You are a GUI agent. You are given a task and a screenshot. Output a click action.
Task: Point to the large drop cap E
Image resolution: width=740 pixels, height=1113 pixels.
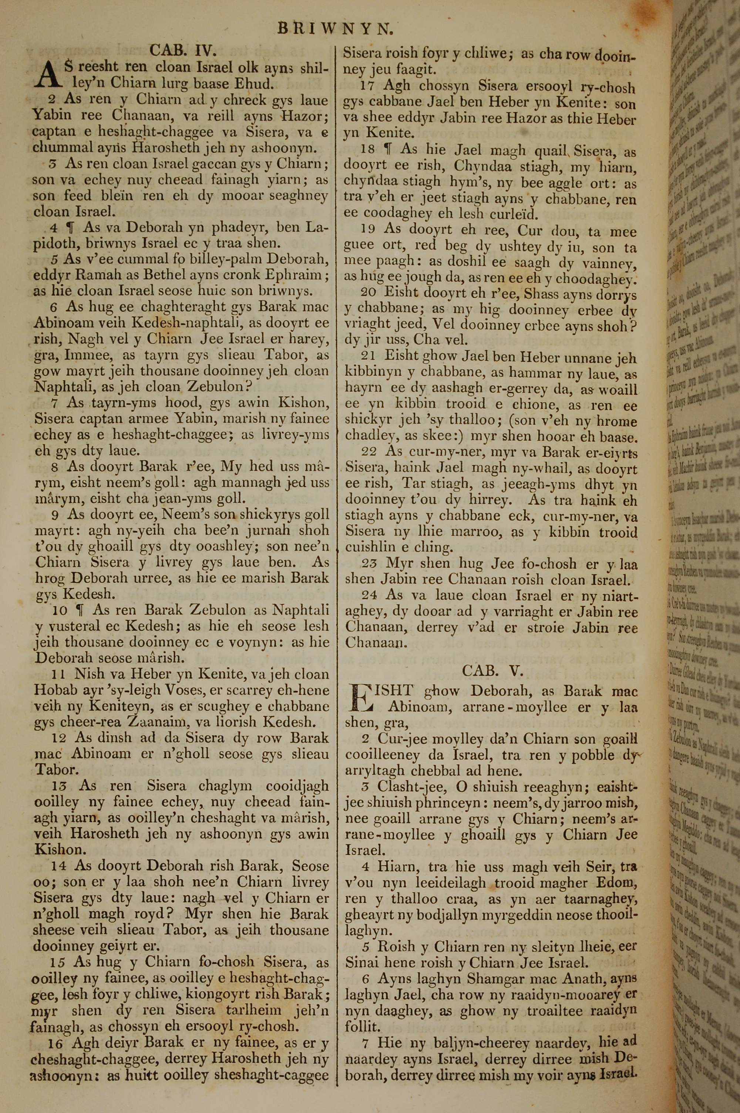click(x=360, y=699)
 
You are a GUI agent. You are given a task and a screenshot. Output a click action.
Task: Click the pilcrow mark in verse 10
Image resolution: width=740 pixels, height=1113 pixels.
click(x=80, y=611)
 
